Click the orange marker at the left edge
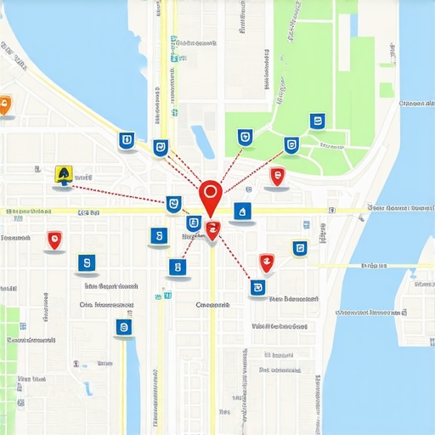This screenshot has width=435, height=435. pyautogui.click(x=5, y=106)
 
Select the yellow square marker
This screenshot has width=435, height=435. pyautogui.click(x=63, y=175)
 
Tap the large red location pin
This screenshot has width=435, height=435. pyautogui.click(x=210, y=195)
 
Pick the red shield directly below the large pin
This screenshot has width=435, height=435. pyautogui.click(x=212, y=228)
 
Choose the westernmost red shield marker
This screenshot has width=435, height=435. pyautogui.click(x=55, y=240)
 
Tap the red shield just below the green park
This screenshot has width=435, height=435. pyautogui.click(x=276, y=176)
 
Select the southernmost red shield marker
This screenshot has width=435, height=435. pyautogui.click(x=266, y=263)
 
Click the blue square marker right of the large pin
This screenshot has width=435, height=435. pyautogui.click(x=242, y=210)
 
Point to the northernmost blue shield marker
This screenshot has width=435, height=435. pyautogui.click(x=317, y=121)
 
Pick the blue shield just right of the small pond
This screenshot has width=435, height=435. pyautogui.click(x=245, y=137)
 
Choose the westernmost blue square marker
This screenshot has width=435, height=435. pyautogui.click(x=86, y=263)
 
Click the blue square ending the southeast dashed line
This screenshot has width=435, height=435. pyautogui.click(x=257, y=288)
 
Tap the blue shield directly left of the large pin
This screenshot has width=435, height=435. pyautogui.click(x=173, y=204)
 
